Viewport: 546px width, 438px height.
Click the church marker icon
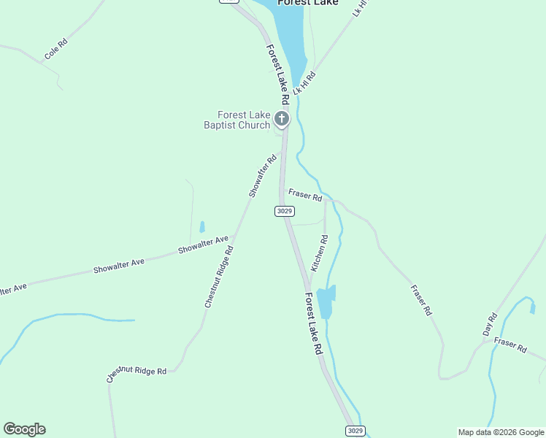(x=282, y=118)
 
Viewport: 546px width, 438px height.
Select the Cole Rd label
(x=55, y=49)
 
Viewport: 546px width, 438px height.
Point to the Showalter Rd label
(x=263, y=176)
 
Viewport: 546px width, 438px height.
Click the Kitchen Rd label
(x=320, y=253)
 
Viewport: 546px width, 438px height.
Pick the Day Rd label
(x=490, y=324)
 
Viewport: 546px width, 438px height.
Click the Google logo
(x=24, y=429)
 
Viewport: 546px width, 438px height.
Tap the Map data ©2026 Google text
(x=501, y=432)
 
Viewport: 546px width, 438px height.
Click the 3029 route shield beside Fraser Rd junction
(x=285, y=211)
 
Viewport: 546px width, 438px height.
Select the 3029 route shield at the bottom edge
(x=355, y=431)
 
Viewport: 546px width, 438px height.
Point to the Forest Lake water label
(x=307, y=3)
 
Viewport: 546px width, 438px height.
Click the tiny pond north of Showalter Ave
(x=202, y=227)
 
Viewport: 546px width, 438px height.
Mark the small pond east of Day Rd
(x=532, y=309)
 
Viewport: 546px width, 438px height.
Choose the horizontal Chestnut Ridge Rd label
(x=136, y=375)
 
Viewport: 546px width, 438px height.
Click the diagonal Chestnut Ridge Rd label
(x=219, y=276)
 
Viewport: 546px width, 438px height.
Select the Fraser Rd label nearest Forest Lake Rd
(x=305, y=196)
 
